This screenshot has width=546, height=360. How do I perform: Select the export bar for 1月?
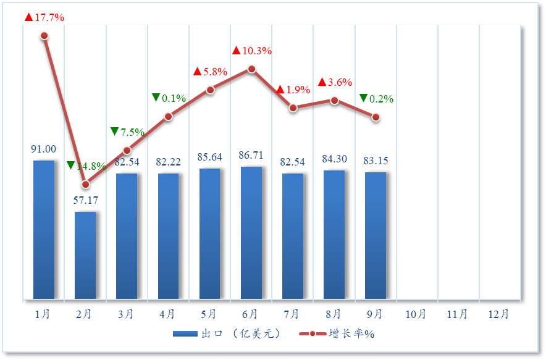44,230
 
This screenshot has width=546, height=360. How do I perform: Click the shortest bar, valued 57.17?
85,255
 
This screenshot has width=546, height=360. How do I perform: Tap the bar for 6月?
251,233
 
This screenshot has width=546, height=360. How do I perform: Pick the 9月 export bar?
376,235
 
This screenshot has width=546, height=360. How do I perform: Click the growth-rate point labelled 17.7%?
44,36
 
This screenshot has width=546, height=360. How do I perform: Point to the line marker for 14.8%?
86,184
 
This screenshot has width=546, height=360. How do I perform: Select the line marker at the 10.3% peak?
251,69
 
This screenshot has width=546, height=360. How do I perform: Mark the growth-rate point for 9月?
376,117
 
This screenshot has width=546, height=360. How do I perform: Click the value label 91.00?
43,149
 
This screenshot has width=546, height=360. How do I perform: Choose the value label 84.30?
334,159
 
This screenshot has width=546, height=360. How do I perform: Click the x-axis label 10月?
416,314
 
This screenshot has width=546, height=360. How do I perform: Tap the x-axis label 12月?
499,314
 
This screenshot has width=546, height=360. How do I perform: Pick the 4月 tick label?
167,314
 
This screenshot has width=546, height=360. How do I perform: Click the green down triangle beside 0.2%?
363,98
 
